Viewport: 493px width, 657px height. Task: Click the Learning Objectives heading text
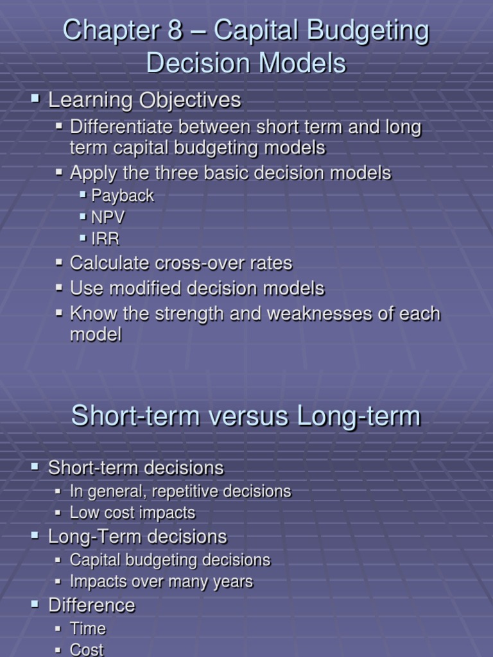pos(144,100)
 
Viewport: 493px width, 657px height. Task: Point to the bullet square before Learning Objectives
pos(35,98)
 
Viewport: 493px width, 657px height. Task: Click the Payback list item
pos(123,196)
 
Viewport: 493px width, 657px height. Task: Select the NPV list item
pos(108,217)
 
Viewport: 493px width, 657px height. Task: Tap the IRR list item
pos(105,239)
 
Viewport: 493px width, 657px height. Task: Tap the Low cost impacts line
pos(132,513)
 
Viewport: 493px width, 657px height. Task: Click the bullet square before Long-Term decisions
pos(35,535)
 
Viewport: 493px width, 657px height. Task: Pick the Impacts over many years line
pos(161,581)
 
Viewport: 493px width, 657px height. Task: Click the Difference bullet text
pos(92,605)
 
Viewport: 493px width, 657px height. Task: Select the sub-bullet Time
pos(87,629)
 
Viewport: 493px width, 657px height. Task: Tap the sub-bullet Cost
pos(87,649)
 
